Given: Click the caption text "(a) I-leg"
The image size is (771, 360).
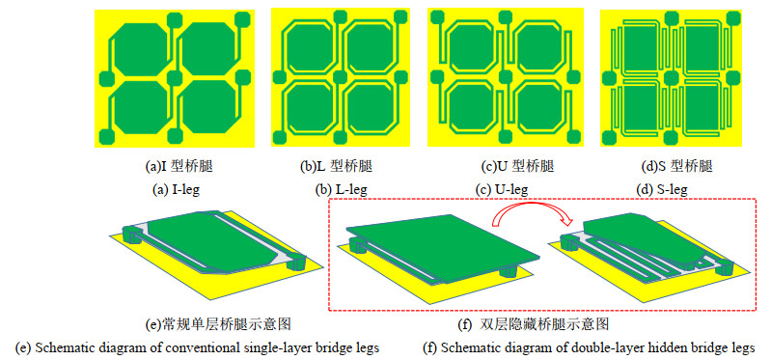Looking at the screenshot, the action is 175,189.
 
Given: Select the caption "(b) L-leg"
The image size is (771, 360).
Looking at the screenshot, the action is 341,189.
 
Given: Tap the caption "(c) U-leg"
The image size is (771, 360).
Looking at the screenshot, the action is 502,189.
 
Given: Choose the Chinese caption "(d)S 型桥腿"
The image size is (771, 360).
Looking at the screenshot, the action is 677,167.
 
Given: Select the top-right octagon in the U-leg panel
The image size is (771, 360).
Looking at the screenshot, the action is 537,48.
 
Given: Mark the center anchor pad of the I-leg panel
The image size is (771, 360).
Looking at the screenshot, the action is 175,79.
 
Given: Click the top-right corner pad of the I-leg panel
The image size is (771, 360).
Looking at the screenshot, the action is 242,19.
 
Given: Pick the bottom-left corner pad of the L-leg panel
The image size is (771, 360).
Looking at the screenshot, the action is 279,137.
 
